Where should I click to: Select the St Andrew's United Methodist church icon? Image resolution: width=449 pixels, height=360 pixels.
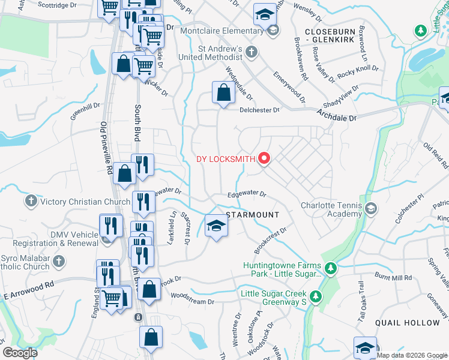(252, 52)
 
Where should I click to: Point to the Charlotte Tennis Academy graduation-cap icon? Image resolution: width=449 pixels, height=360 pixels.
(371, 209)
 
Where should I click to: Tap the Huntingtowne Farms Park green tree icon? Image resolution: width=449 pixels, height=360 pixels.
(330, 267)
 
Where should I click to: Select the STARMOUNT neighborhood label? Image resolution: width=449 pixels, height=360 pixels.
(253, 215)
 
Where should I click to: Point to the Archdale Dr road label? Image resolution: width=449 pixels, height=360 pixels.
(337, 114)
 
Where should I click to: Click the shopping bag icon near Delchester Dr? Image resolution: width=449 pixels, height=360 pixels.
(223, 93)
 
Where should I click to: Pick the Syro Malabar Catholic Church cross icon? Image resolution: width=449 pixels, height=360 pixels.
(58, 261)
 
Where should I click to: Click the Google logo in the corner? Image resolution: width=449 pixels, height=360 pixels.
(20, 352)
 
